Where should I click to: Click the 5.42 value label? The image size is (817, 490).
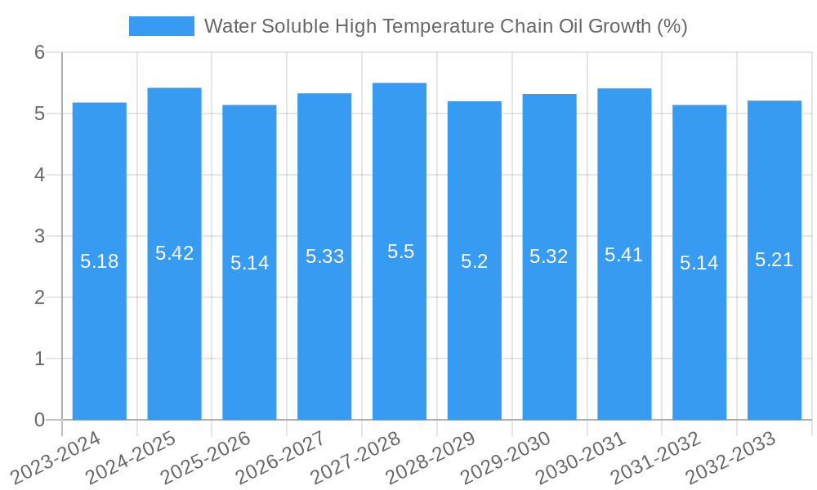click(x=175, y=253)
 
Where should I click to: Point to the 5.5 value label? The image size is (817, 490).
click(x=400, y=252)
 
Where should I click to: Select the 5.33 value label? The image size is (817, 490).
click(x=324, y=256)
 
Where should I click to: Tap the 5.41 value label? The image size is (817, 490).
click(x=623, y=255)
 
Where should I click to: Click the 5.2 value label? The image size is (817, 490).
click(x=474, y=261)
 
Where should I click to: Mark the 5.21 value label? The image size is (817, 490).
click(x=774, y=260)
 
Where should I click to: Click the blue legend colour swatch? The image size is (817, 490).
click(x=162, y=26)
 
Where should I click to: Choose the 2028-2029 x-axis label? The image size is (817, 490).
click(x=432, y=457)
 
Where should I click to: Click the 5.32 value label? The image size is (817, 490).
click(x=548, y=256)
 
